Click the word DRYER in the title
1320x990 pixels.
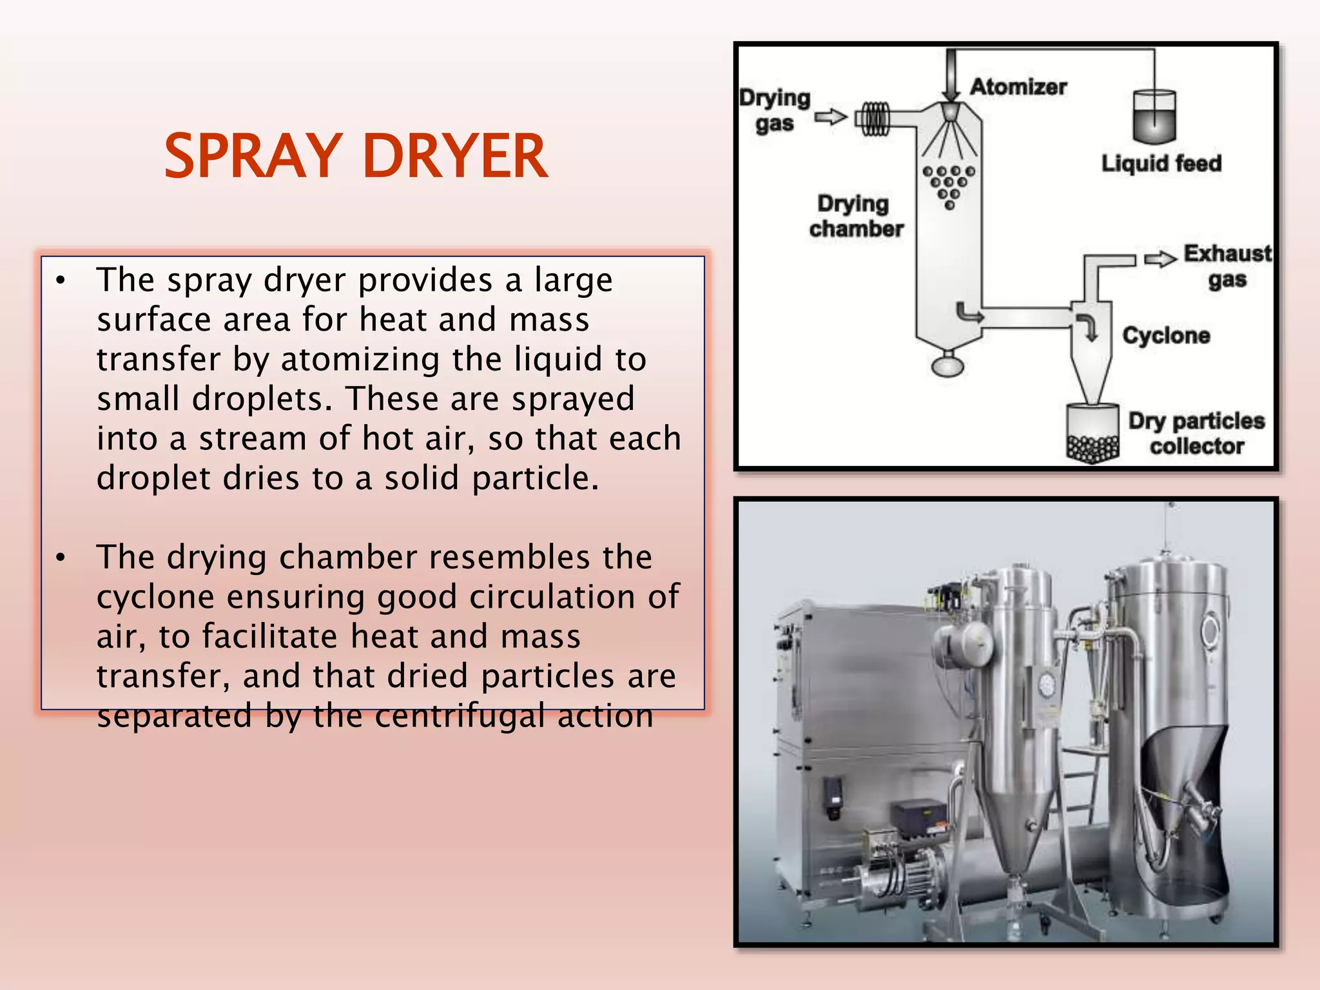pyautogui.click(x=455, y=156)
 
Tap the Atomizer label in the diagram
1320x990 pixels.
pyautogui.click(x=1018, y=86)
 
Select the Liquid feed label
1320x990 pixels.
pyautogui.click(x=1161, y=163)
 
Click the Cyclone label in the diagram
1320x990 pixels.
pyautogui.click(x=1166, y=335)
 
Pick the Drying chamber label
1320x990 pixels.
pyautogui.click(x=856, y=216)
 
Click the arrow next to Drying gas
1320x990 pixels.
pyautogui.click(x=830, y=117)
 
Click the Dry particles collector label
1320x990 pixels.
pyautogui.click(x=1196, y=433)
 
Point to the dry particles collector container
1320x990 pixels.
pyautogui.click(x=1092, y=433)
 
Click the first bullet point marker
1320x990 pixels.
pyautogui.click(x=61, y=281)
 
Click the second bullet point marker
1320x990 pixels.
pyautogui.click(x=61, y=558)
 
